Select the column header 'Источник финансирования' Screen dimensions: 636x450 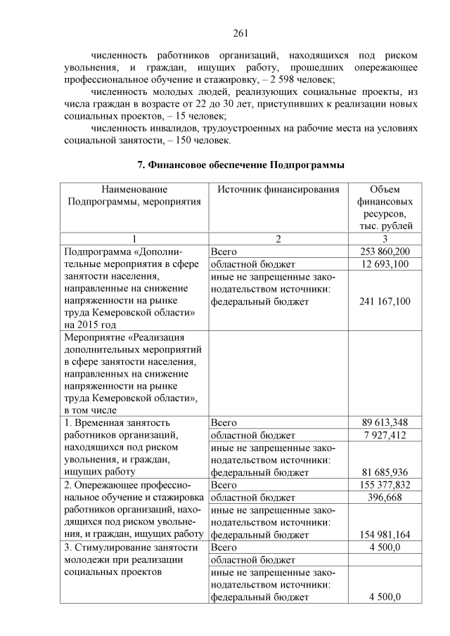278,190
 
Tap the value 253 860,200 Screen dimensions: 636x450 385,251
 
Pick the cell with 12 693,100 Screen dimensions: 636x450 385,264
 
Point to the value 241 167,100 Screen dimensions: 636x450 385,301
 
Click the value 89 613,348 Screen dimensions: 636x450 385,422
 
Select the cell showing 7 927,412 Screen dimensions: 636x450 385,435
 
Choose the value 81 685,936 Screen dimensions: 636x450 385,472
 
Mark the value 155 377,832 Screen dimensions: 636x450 385,485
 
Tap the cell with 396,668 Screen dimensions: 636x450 385,498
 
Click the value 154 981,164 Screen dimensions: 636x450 385,535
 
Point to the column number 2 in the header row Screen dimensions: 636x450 278,239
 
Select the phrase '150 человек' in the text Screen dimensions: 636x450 204,140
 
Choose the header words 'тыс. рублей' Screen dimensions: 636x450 385,226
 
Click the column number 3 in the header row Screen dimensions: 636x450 385,239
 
